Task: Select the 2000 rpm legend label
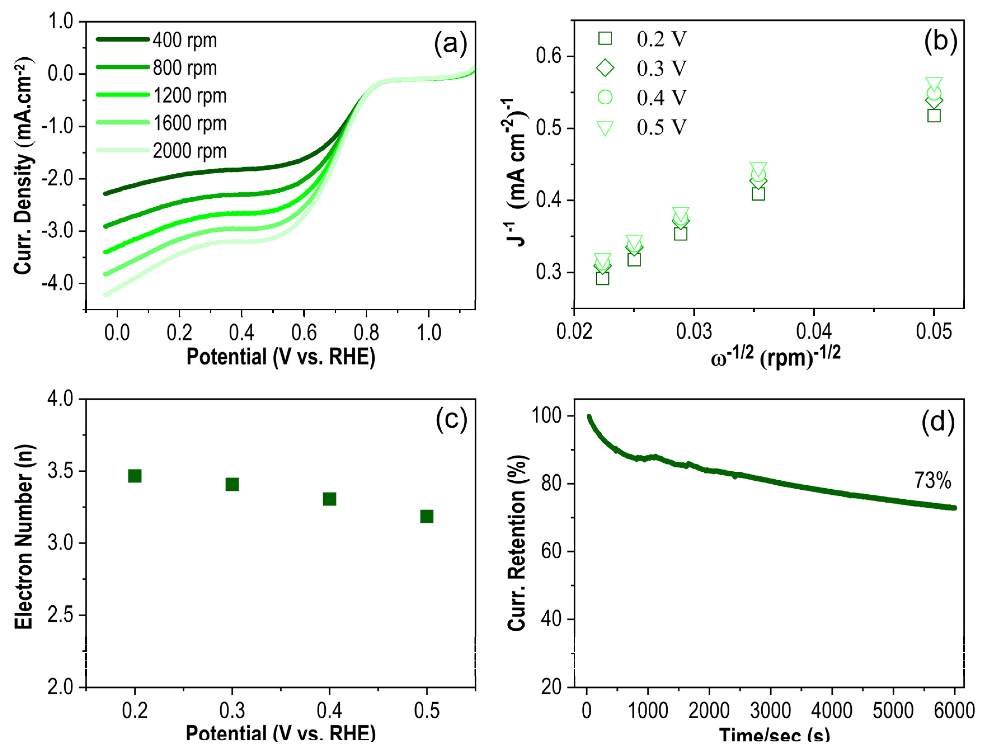[x=190, y=151]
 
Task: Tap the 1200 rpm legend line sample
[x=123, y=95]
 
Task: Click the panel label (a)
[x=450, y=44]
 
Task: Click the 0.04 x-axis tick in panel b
[x=813, y=332]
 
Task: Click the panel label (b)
[x=940, y=41]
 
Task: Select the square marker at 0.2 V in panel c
[x=135, y=476]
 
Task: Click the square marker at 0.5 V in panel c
[x=426, y=516]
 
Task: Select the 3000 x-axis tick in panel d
[x=770, y=711]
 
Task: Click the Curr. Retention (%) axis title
[x=517, y=543]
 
